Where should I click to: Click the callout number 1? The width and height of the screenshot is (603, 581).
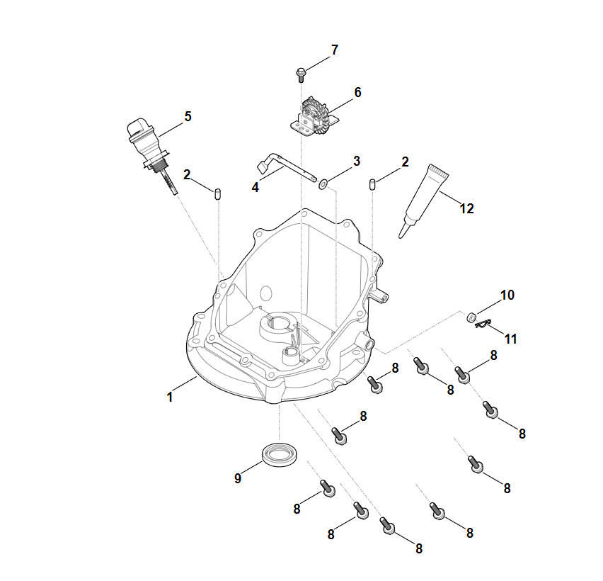pos(170,397)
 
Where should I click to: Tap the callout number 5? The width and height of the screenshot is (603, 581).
pos(188,117)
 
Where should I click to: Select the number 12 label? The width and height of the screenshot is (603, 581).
pos(466,208)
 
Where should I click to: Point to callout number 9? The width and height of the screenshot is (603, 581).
pos(238,478)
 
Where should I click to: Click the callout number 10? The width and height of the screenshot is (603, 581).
pos(507,295)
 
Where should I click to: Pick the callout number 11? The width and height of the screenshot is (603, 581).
pos(510,339)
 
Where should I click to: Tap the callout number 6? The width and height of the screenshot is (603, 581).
pos(357,92)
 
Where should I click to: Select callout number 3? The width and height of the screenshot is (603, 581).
pos(357,161)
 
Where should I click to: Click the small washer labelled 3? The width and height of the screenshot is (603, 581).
pos(323,184)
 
